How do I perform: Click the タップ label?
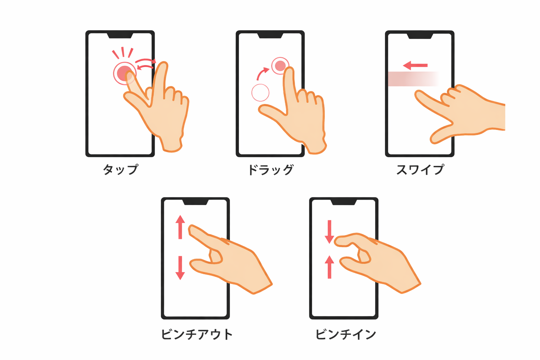(x=121, y=169)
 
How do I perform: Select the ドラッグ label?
(x=271, y=169)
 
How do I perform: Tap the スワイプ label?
(x=420, y=169)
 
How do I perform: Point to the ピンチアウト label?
(x=197, y=334)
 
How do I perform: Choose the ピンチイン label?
(x=346, y=334)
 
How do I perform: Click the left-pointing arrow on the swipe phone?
(x=415, y=65)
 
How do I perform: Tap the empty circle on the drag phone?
(x=261, y=92)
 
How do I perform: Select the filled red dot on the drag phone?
(x=280, y=66)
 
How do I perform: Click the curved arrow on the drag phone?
(x=262, y=73)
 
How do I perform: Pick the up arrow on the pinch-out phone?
(x=180, y=227)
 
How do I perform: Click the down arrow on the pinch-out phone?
(x=180, y=268)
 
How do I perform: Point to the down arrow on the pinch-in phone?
(x=329, y=232)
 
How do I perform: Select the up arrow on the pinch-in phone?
(x=329, y=267)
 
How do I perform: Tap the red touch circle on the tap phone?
(x=125, y=73)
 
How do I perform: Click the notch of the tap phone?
(x=120, y=36)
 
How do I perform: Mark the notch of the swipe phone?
(x=420, y=36)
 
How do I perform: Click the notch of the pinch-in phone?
(x=344, y=202)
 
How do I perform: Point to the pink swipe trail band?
(x=413, y=79)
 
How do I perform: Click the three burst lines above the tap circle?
(x=123, y=53)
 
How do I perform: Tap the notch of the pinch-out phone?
(x=195, y=202)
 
